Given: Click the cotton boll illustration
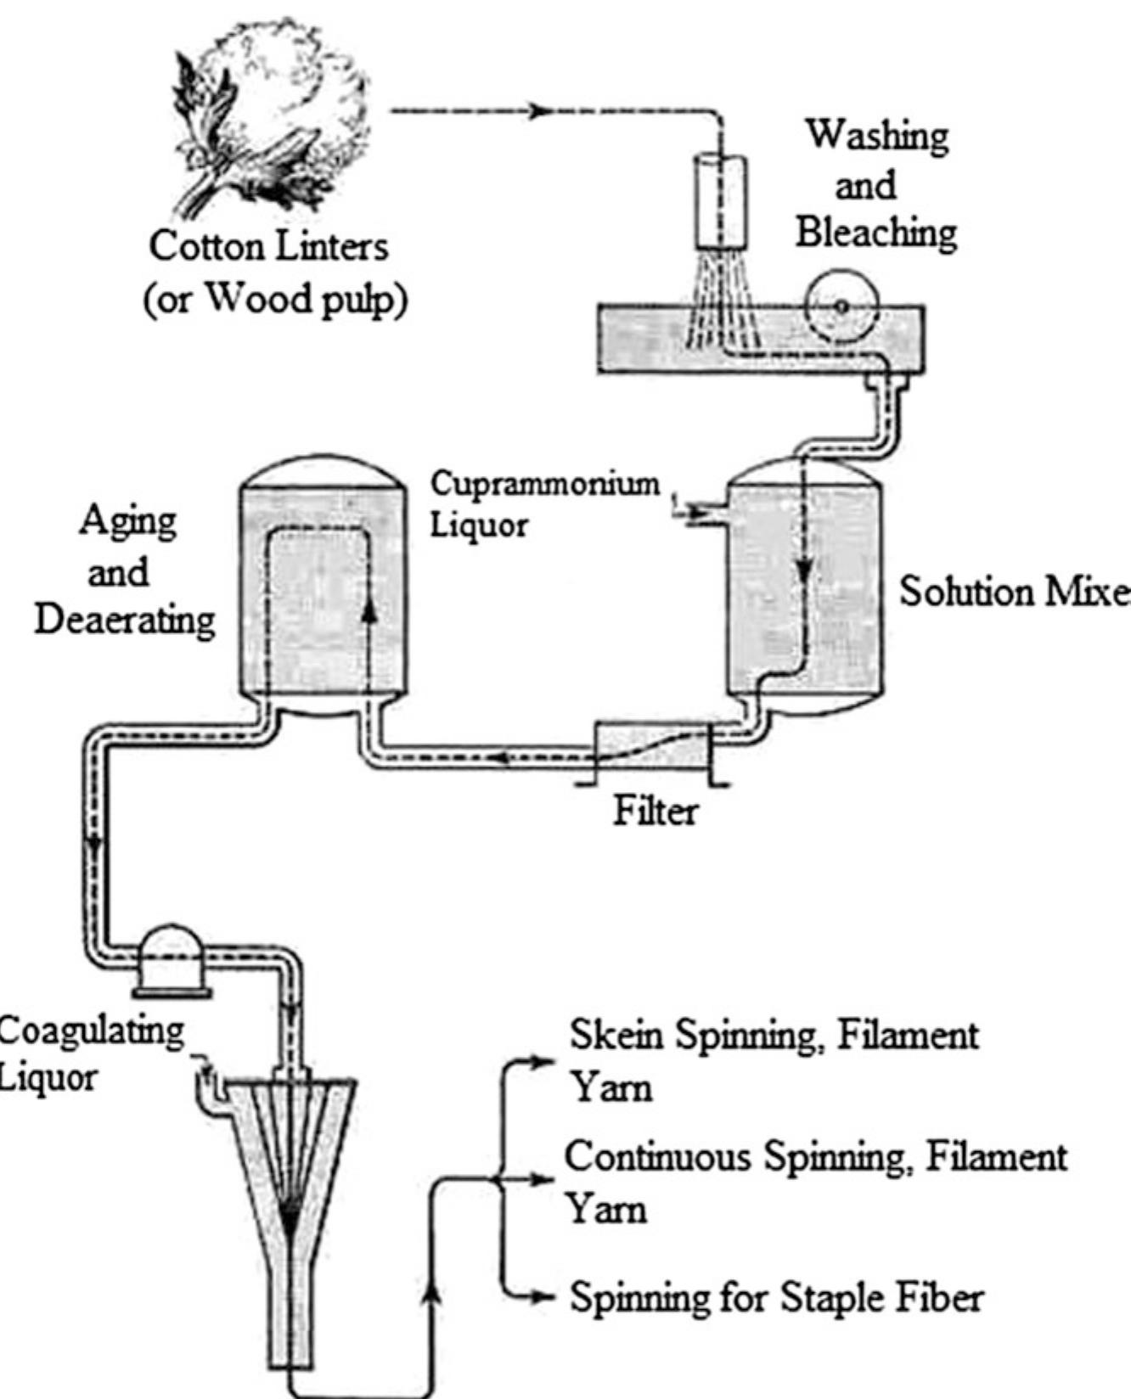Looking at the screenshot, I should (x=272, y=119).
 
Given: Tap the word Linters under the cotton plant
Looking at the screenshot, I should (x=332, y=247).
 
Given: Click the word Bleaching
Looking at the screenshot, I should (x=875, y=232).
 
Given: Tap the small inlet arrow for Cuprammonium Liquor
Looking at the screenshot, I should (x=684, y=510).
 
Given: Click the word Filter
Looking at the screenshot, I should (x=656, y=812).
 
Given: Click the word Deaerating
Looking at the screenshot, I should (x=125, y=621).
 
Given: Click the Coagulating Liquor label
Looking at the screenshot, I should (x=89, y=1053).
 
